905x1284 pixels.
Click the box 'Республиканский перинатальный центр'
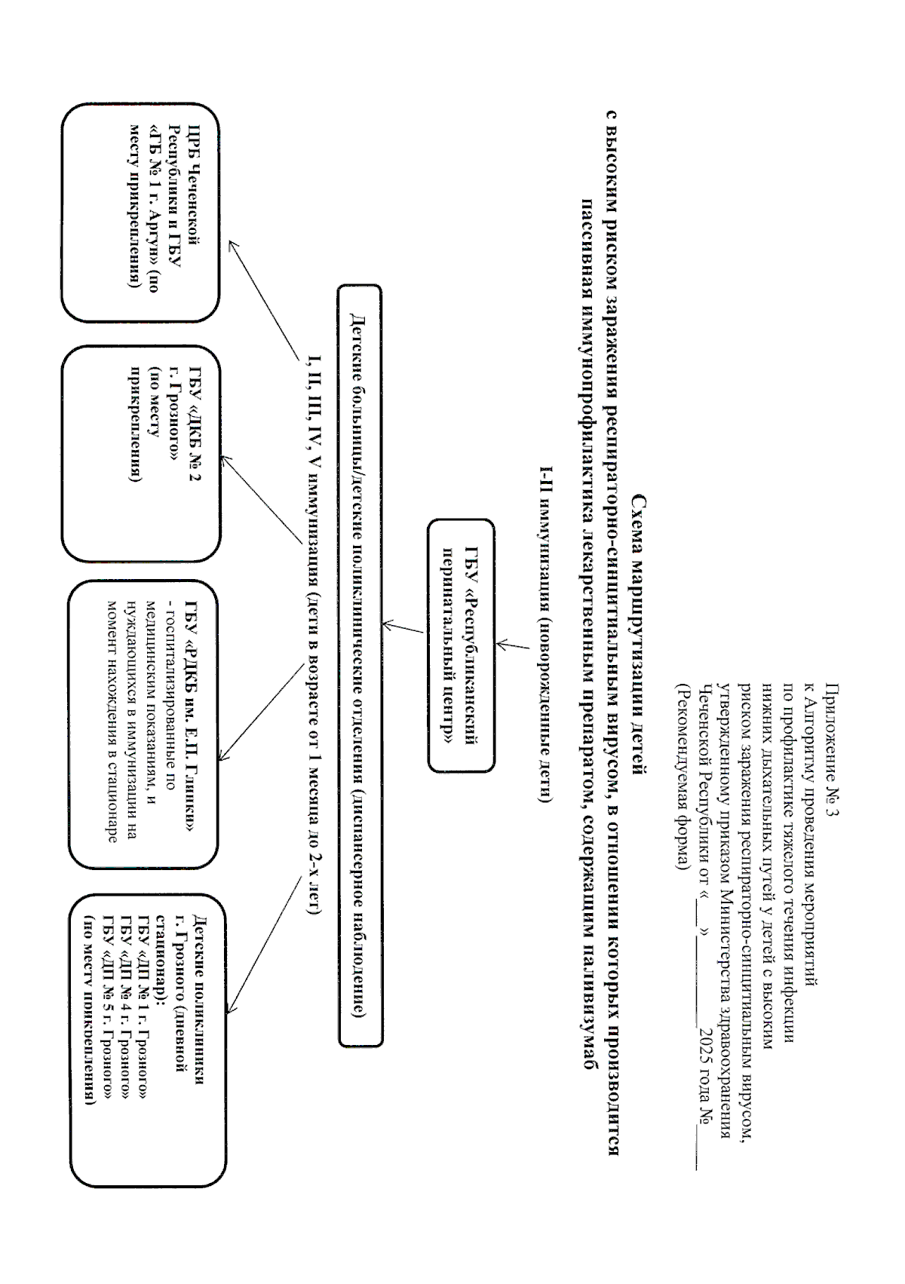click(x=461, y=645)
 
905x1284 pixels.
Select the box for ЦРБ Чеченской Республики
click(x=141, y=213)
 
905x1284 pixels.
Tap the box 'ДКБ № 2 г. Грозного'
click(x=141, y=454)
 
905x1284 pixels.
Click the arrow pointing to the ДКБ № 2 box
click(x=261, y=498)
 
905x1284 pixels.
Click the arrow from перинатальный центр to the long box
click(x=404, y=628)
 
